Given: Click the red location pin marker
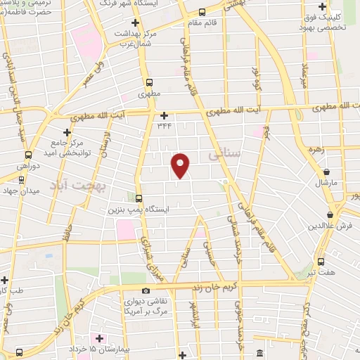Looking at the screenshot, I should point(181,165).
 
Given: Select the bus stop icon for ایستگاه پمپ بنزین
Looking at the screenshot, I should point(139,199).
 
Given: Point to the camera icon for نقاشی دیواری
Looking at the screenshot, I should point(146,291).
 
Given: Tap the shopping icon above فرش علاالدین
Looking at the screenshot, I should point(330,214).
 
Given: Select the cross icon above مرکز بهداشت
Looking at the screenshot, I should point(136,23).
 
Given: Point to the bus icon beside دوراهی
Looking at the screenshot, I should point(28,155).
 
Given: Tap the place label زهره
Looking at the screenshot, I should point(314,150).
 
